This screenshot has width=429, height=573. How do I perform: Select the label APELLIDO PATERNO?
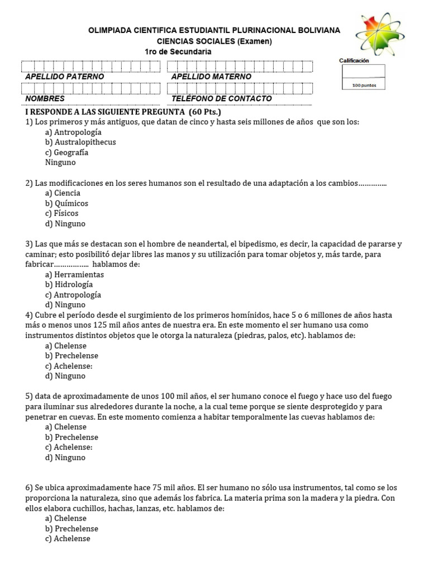click(x=65, y=76)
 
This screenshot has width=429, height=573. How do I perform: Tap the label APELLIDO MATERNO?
click(x=211, y=76)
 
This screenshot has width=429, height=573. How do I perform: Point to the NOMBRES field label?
click(x=45, y=98)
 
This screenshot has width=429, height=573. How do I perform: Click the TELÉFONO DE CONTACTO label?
click(x=222, y=98)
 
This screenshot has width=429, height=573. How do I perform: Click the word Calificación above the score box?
click(x=354, y=60)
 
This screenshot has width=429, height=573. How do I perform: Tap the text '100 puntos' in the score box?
click(x=364, y=86)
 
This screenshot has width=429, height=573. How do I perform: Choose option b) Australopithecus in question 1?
click(x=80, y=142)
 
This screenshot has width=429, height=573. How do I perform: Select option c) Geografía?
click(x=67, y=152)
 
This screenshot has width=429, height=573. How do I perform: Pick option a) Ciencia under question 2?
click(x=63, y=193)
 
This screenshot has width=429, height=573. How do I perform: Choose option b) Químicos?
click(x=66, y=203)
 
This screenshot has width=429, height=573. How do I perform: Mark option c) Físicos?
click(x=62, y=213)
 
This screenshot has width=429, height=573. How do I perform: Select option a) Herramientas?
click(x=74, y=275)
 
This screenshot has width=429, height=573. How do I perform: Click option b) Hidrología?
click(x=69, y=285)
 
